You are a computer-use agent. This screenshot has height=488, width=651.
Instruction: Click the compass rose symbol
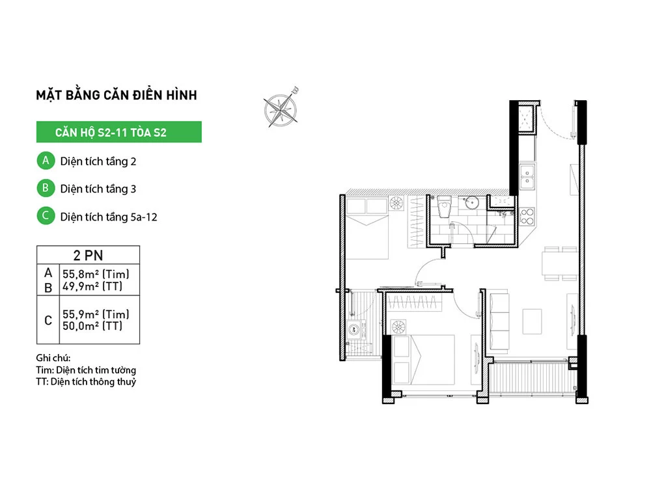281,109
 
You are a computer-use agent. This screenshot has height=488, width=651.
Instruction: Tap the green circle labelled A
46,161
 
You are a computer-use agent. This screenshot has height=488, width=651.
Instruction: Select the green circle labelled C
46,216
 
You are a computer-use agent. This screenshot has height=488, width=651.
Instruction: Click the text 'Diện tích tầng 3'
98,189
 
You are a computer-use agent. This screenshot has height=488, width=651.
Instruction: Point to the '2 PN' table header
88,255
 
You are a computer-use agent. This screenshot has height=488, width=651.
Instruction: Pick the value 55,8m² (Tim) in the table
96,274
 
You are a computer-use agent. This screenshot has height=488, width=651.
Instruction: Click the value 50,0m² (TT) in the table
92,326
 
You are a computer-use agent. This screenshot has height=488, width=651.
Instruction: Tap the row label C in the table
48,320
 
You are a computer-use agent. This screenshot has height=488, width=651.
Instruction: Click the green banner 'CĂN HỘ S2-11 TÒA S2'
118,132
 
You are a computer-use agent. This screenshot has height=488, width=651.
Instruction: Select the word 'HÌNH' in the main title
182,95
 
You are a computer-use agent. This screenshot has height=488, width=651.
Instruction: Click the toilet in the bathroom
444,207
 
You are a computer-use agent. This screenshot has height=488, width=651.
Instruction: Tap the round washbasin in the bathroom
471,203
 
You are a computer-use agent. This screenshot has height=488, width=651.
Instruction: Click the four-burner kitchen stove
527,217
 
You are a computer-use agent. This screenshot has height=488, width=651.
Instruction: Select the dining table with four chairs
559,264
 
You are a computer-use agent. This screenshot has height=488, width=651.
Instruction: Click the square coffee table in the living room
532,321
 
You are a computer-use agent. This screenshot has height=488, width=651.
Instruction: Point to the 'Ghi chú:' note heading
53,358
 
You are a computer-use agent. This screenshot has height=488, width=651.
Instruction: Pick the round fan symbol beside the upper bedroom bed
396,203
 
